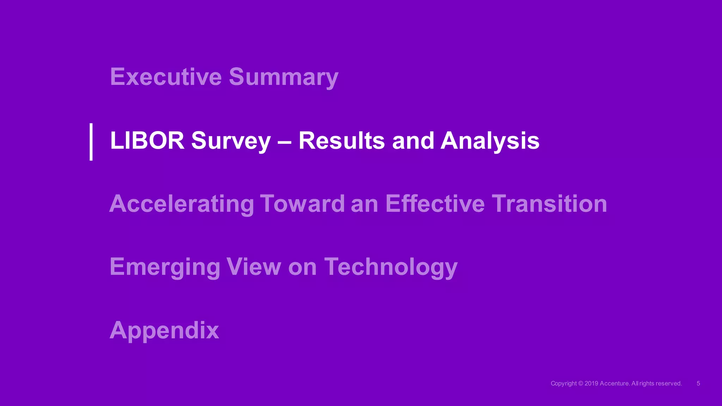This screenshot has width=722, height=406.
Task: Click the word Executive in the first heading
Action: pyautogui.click(x=166, y=76)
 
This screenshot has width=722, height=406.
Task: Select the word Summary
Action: pyautogui.click(x=283, y=77)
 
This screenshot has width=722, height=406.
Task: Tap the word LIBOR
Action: pyautogui.click(x=147, y=140)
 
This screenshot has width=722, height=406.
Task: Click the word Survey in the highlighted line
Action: pyautogui.click(x=231, y=141)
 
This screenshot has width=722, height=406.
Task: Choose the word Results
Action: pyautogui.click(x=341, y=140)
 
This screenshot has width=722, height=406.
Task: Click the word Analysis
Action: pyautogui.click(x=490, y=141)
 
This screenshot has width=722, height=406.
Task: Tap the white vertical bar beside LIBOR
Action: pyautogui.click(x=91, y=142)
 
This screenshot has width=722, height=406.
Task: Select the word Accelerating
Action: pyautogui.click(x=182, y=204)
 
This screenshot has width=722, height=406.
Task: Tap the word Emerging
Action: pyautogui.click(x=165, y=267)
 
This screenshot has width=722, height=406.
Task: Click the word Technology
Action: pyautogui.click(x=391, y=267)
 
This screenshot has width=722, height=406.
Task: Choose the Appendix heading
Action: pyautogui.click(x=164, y=331)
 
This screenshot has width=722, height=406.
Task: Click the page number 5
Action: pyautogui.click(x=698, y=383)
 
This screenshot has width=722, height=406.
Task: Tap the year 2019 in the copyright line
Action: pyautogui.click(x=591, y=383)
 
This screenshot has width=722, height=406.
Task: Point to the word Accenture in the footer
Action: pyautogui.click(x=614, y=383)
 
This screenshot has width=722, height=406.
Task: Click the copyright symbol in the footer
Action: pyautogui.click(x=581, y=383)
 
